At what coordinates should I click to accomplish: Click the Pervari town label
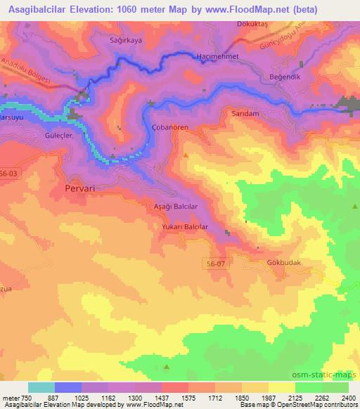79,188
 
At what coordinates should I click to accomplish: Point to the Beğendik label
285,76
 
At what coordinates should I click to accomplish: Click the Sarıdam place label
245,112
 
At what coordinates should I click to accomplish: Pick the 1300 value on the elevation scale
136,398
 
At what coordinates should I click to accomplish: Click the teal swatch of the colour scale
41,387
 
